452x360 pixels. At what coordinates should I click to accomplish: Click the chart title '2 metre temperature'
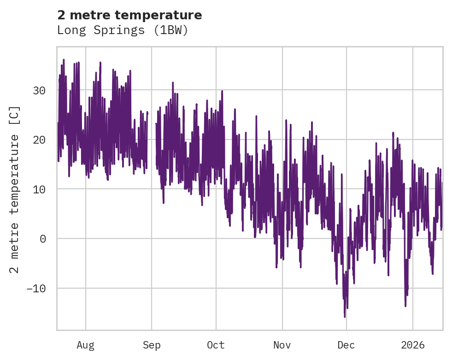pos(129,15)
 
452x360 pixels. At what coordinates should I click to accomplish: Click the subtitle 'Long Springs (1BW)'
pos(123,30)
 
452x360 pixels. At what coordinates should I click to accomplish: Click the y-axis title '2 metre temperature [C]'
pos(15,189)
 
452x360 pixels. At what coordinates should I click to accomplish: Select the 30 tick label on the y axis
pos(39,90)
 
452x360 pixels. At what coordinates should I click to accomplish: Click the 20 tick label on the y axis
pos(39,139)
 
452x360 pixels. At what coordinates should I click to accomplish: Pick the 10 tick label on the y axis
pos(39,189)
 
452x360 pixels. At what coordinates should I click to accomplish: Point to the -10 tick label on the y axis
pos(36,288)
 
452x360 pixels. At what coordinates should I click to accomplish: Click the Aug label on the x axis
pos(85,345)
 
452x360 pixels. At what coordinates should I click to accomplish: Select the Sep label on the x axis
pos(152,345)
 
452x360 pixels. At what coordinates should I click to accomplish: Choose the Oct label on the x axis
pos(216,345)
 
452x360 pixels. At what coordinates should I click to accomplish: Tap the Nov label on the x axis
pos(282,345)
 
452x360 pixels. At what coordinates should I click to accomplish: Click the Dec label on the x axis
pos(346,345)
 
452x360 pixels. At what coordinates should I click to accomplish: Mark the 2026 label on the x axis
pos(412,345)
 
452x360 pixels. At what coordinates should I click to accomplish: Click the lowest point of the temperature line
pos(345,317)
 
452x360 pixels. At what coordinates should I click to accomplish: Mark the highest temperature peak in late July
pos(64,59)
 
